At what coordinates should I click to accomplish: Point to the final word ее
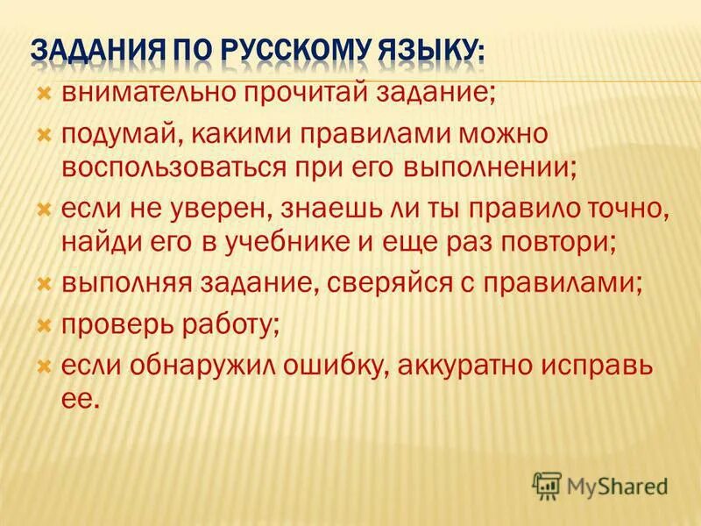click(79, 397)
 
